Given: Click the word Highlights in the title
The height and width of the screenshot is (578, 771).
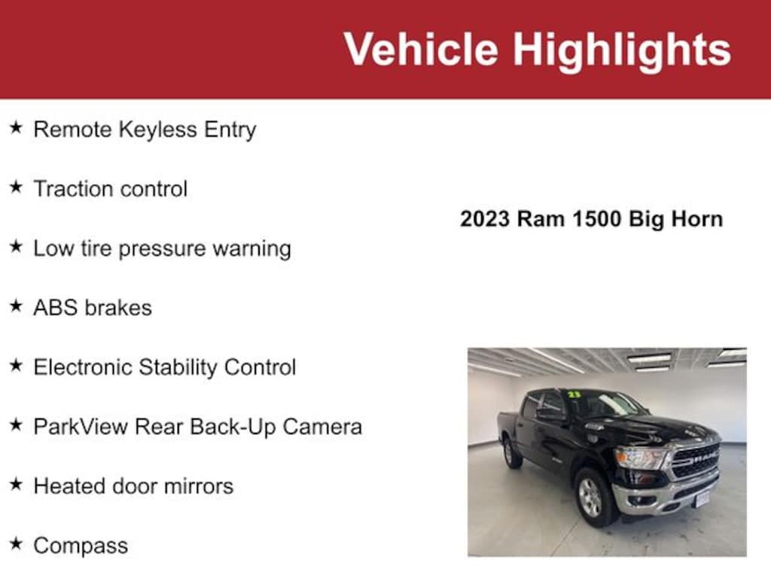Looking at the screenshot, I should [622, 50].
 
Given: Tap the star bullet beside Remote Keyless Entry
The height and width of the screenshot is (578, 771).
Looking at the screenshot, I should [16, 128].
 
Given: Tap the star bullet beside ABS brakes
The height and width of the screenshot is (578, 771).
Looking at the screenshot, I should [16, 306].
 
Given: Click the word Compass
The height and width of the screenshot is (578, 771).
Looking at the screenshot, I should [81, 546].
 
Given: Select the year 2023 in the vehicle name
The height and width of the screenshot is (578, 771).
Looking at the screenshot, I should [486, 219].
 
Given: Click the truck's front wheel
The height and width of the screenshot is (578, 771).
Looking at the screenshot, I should [592, 497].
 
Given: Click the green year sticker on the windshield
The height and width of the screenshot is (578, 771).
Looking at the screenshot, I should [574, 394].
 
